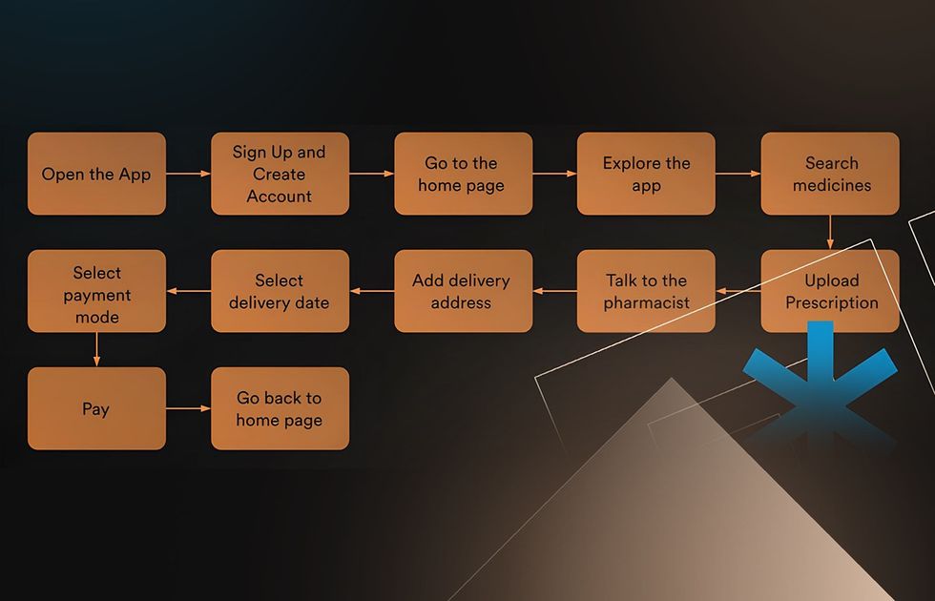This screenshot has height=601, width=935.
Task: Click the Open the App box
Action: [96, 174]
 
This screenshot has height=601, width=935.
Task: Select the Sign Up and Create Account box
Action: [280, 174]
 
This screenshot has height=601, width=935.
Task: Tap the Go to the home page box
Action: [464, 174]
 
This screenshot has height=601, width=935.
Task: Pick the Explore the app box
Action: [646, 174]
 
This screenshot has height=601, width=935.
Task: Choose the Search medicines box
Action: [830, 174]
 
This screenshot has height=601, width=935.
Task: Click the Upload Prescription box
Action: [830, 291]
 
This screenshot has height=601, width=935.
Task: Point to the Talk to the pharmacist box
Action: [646, 291]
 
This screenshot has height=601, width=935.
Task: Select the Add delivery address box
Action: [464, 291]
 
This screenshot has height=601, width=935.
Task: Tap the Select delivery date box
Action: [280, 291]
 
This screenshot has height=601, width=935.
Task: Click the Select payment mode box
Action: [96, 291]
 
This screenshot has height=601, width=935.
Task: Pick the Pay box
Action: [96, 408]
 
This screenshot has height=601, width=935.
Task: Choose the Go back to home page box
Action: [280, 408]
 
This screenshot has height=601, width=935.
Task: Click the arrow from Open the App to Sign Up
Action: [189, 174]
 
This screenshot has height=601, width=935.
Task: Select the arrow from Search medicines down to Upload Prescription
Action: [830, 232]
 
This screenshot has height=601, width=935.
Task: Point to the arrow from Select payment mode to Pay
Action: [96, 349]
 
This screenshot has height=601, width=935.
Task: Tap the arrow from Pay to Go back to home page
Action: [189, 408]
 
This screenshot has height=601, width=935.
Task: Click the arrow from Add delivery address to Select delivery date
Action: [371, 291]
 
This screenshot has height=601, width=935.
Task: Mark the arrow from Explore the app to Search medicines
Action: [738, 174]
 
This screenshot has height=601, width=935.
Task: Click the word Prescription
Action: [832, 303]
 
